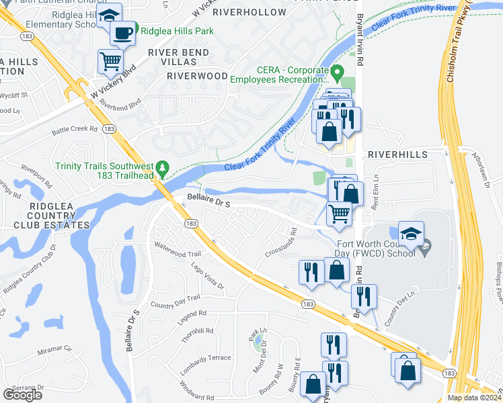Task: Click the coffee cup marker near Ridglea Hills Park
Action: coord(122,34)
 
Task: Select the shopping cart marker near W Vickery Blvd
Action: coord(110,62)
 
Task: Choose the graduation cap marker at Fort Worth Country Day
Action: coord(410,234)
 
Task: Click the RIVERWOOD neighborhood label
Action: coord(197,76)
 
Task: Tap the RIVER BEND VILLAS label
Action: coord(178,58)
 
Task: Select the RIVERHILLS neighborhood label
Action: coord(397,154)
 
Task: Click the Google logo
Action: coord(22,395)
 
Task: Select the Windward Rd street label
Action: coord(197,388)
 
